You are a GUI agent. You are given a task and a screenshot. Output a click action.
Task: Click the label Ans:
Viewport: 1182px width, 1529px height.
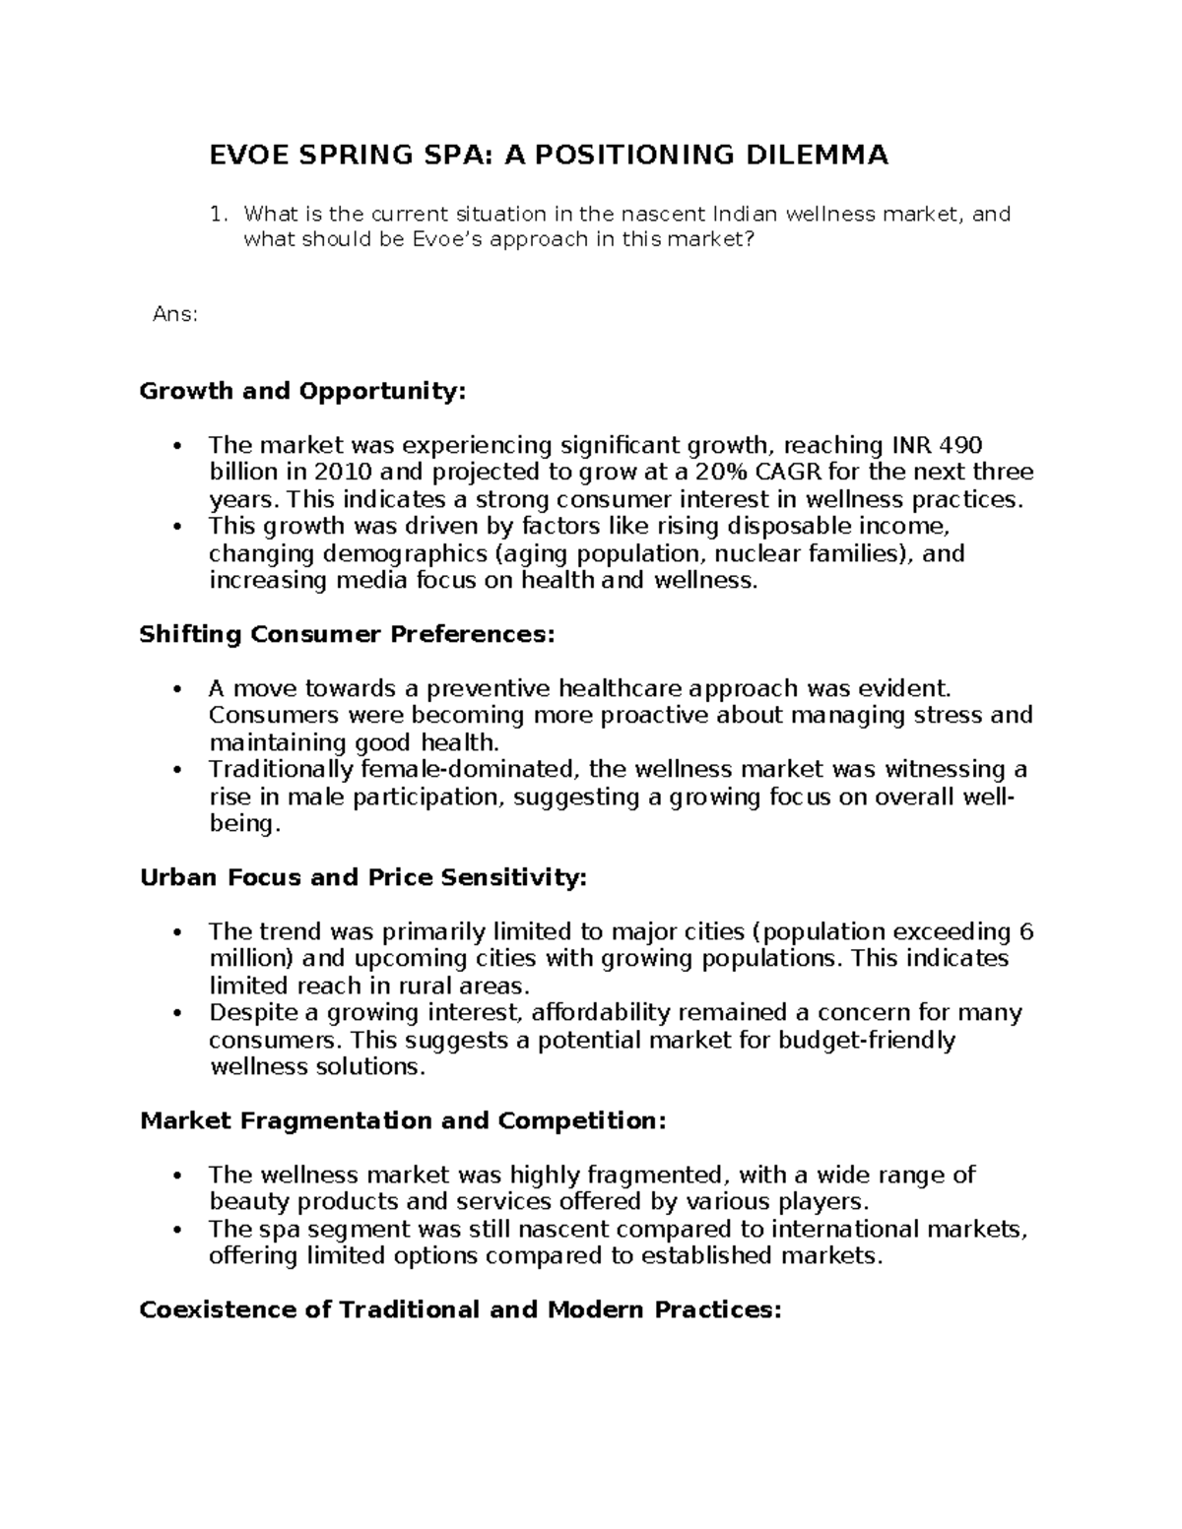pyautogui.click(x=175, y=315)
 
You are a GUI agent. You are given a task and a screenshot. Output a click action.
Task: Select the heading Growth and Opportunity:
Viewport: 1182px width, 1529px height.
pyautogui.click(x=301, y=391)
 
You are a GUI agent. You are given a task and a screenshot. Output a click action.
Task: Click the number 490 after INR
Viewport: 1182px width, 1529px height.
pyautogui.click(x=961, y=445)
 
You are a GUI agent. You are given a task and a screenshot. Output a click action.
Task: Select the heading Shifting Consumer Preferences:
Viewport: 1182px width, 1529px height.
pyautogui.click(x=348, y=634)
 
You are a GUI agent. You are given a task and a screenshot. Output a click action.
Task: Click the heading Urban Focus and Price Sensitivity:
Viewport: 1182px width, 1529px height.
pyautogui.click(x=363, y=877)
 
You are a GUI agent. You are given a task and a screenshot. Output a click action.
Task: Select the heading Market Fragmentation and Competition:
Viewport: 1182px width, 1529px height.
pyautogui.click(x=403, y=1120)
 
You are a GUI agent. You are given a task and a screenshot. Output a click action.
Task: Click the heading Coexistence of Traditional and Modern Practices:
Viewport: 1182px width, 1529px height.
pyautogui.click(x=460, y=1309)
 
